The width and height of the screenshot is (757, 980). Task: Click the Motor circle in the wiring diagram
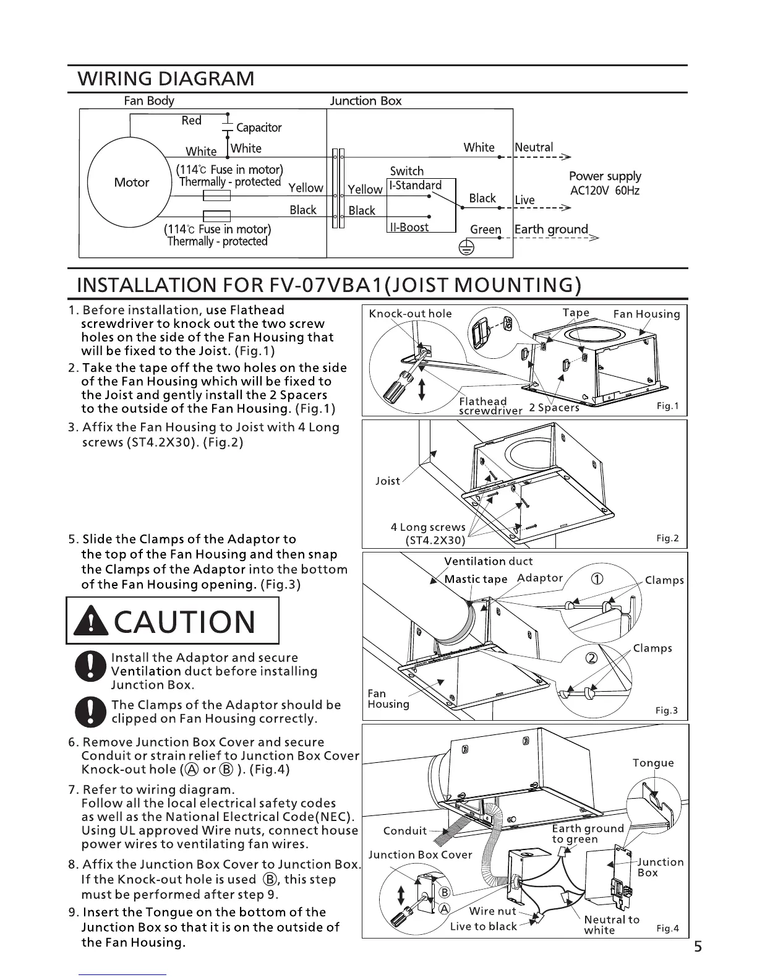point(131,182)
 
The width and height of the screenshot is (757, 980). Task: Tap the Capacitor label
point(259,127)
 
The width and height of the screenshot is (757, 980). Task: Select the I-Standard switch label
point(415,185)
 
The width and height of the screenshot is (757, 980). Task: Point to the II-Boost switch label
point(409,227)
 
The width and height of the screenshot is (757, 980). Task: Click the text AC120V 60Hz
point(604,191)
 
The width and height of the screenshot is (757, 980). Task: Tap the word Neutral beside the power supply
point(534,147)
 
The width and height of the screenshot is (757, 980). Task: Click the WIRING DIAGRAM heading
point(166,79)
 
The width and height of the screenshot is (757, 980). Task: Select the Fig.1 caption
point(667,406)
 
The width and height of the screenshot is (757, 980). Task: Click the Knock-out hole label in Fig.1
point(410,313)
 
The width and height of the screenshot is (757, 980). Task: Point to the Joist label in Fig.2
point(388,481)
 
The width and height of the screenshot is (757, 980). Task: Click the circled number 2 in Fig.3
point(591,657)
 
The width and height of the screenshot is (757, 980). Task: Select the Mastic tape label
point(476,579)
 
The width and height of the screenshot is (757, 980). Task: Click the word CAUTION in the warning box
point(185,621)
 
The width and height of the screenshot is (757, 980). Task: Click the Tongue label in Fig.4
point(653,763)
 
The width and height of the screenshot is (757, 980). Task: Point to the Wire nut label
point(492,911)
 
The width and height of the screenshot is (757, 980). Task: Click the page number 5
point(698,947)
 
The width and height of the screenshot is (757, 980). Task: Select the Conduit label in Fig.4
point(405,830)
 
